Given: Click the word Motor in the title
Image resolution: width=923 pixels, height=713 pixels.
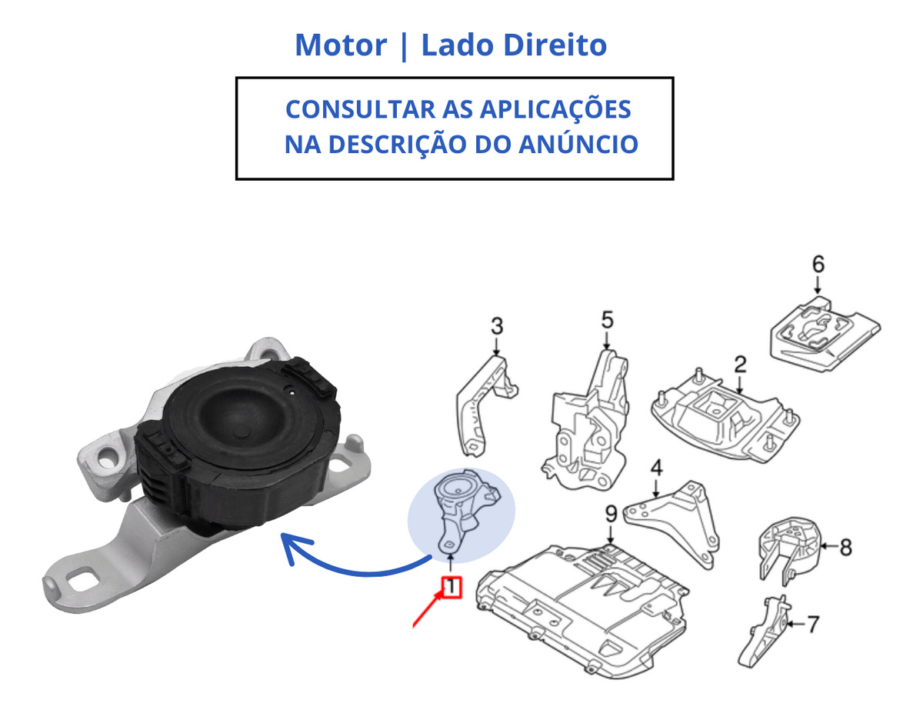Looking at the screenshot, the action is [x=341, y=45].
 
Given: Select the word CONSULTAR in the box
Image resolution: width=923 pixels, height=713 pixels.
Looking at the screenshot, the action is [x=360, y=109].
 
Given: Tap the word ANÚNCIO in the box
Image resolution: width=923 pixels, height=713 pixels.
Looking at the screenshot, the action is [x=578, y=144].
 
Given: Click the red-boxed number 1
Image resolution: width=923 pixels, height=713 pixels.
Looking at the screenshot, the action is [x=451, y=587].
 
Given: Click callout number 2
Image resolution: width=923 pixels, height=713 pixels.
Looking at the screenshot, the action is [x=740, y=365].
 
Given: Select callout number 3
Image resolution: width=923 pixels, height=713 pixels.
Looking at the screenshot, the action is [x=497, y=326].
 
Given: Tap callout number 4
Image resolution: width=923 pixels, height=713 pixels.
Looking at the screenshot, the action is [x=657, y=468].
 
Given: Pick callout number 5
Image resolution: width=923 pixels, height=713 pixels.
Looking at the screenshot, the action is [x=607, y=320].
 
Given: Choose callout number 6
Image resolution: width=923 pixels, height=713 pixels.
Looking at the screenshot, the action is [x=818, y=264].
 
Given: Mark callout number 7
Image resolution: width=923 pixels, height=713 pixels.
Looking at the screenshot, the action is [x=812, y=625].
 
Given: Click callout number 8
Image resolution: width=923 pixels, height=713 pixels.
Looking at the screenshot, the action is [x=845, y=547].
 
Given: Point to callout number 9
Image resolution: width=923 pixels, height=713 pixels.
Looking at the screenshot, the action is [x=611, y=514].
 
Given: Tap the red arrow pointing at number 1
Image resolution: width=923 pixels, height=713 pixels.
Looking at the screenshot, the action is [x=428, y=610].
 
